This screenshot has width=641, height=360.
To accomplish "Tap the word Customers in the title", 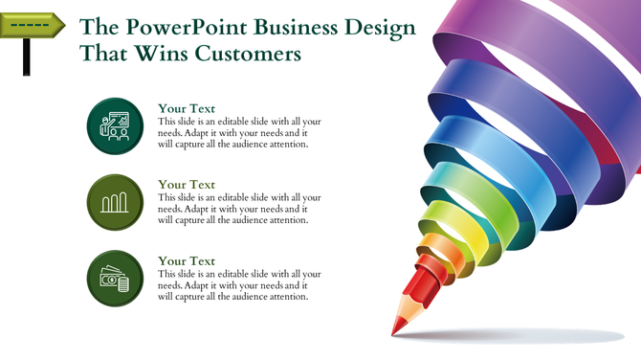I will point(253,54).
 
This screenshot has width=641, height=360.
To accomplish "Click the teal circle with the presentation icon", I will point(115,126).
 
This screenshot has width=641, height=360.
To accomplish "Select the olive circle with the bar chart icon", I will point(115,202).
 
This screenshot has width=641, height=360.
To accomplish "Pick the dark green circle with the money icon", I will point(115,279).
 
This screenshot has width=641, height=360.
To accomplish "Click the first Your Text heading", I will point(187,108).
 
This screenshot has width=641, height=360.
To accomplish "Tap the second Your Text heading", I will point(187,184).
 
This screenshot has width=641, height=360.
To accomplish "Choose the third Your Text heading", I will point(187,260).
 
